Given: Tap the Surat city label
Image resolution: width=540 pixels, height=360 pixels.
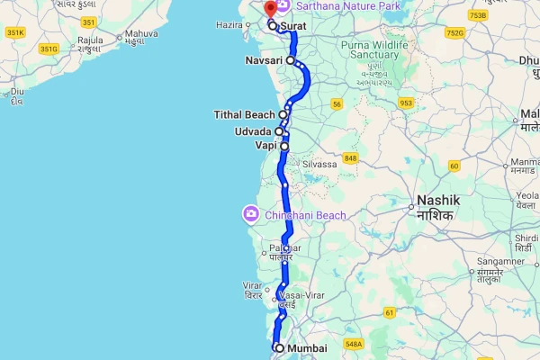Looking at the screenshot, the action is tap(292, 27).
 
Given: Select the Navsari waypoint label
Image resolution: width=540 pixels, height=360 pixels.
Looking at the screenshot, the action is tap(264, 60).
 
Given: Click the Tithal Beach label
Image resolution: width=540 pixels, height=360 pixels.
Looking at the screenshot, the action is tap(245, 114).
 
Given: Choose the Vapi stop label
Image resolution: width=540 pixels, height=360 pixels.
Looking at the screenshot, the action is tap(265, 145).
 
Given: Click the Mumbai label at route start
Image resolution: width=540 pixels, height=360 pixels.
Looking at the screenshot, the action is tap(307, 348).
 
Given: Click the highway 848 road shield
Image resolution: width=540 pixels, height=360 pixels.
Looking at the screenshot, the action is tap(350, 158).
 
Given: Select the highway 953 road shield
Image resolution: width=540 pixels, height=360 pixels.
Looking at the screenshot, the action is tap(406, 103).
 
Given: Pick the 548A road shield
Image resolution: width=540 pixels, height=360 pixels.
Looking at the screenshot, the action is tap(353, 343).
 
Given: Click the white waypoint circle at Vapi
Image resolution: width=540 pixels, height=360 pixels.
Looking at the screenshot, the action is tap(284, 145).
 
